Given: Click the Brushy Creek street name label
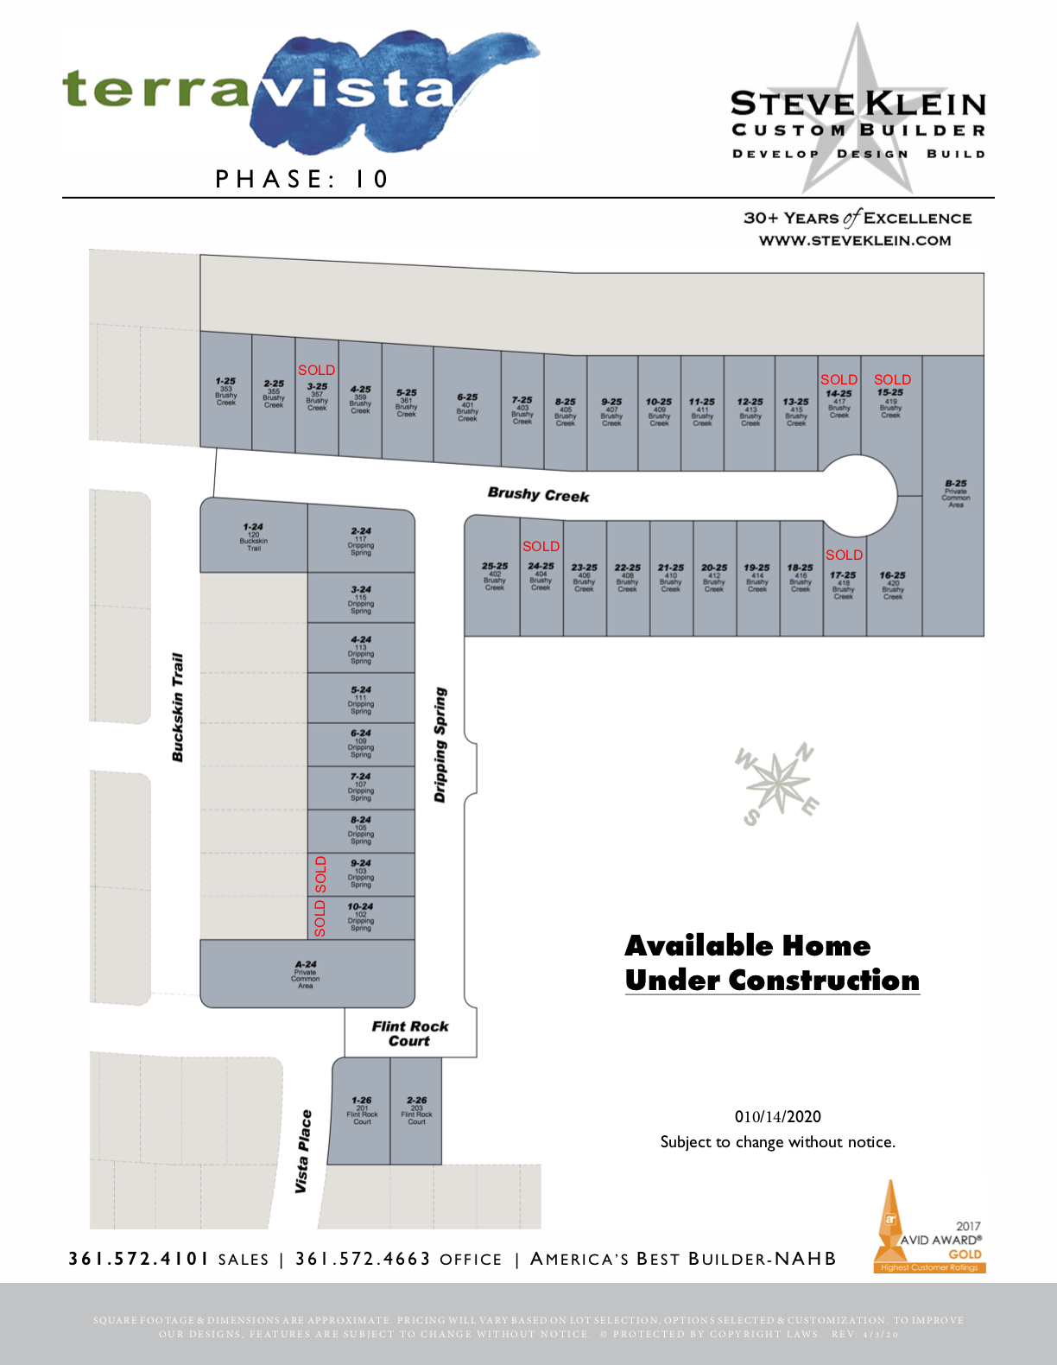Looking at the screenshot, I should click(x=538, y=494).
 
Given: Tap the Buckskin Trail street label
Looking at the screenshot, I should click(x=178, y=708).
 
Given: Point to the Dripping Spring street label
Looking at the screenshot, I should click(x=440, y=745).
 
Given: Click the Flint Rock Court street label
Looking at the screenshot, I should click(x=410, y=1033).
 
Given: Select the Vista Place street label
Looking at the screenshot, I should click(x=302, y=1152).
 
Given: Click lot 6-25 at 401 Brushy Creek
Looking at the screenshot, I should click(x=467, y=407).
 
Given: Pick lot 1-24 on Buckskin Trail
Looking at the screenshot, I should click(x=253, y=536).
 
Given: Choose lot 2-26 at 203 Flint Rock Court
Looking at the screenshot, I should click(x=416, y=1110).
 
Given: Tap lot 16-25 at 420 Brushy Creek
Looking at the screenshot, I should click(x=893, y=584).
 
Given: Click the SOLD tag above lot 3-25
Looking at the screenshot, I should click(x=316, y=370).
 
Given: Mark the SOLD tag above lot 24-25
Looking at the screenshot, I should click(x=541, y=546).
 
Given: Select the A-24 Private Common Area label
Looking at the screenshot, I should click(x=306, y=975).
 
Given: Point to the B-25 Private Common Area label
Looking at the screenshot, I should click(x=955, y=493).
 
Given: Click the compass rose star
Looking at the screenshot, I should click(x=778, y=782).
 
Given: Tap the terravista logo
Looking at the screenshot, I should click(x=294, y=91).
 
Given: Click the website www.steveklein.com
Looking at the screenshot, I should click(x=855, y=241).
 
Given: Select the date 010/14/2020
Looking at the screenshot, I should click(x=777, y=1116).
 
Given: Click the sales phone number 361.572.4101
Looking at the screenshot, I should click(x=138, y=1259).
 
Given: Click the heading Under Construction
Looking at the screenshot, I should click(x=772, y=981).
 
